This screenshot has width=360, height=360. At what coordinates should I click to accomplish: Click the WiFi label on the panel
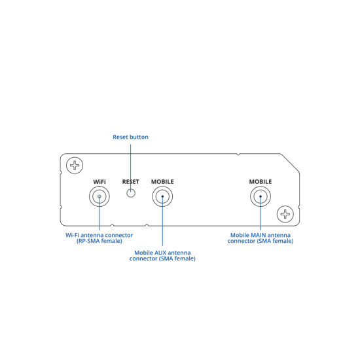click(x=99, y=181)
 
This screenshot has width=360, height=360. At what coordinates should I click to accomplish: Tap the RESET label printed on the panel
click(x=131, y=181)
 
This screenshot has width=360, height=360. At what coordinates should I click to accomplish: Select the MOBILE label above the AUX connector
click(x=162, y=181)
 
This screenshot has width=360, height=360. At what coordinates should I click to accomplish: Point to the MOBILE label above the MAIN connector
click(x=261, y=181)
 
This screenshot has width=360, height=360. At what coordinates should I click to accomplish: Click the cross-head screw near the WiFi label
click(x=75, y=166)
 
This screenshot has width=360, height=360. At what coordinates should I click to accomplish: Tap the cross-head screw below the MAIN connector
click(x=285, y=214)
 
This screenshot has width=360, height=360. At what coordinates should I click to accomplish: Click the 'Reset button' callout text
click(x=130, y=137)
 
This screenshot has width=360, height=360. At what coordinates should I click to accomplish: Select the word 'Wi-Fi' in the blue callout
click(x=72, y=235)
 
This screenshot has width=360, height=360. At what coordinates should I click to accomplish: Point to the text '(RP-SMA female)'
click(x=99, y=241)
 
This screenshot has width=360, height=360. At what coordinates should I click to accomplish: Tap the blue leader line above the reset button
click(x=131, y=168)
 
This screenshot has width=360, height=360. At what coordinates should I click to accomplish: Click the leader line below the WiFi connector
click(x=99, y=213)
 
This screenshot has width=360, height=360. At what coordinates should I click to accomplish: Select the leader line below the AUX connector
click(x=162, y=221)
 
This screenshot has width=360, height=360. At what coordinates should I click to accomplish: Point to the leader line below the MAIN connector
click(x=261, y=213)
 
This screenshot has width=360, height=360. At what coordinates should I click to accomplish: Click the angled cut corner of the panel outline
click(x=290, y=162)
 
